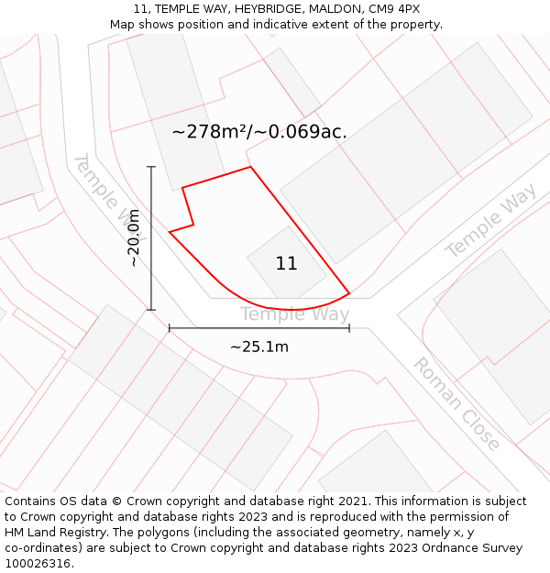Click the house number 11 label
click(x=286, y=264)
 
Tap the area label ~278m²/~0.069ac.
click(x=259, y=132)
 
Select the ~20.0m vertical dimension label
click(x=135, y=237)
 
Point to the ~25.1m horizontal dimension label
click(x=258, y=347)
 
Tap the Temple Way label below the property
click(x=294, y=314)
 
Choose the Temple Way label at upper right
click(x=490, y=220)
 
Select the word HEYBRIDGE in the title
click(x=264, y=9)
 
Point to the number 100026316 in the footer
click(x=37, y=564)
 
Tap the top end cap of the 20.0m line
click(x=151, y=167)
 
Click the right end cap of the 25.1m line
click(x=349, y=327)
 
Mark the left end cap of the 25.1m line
click(x=170, y=327)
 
